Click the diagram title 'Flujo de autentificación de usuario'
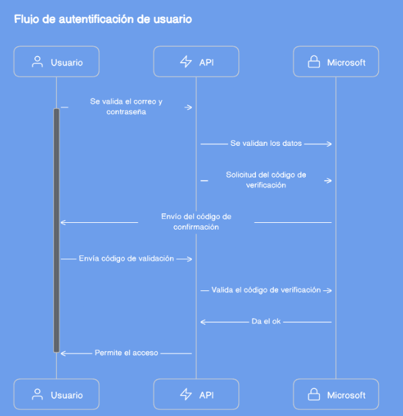click(103, 20)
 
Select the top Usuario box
click(57, 61)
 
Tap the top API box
click(196, 61)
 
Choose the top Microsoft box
click(336, 61)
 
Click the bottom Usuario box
click(57, 394)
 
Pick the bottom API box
click(196, 394)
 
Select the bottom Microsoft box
click(336, 394)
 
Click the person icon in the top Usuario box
click(37, 62)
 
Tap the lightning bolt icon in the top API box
click(186, 61)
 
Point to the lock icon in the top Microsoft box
click(314, 61)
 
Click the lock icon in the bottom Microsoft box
click(314, 394)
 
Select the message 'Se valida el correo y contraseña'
click(126, 107)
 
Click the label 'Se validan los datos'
click(266, 144)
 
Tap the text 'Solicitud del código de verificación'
click(266, 180)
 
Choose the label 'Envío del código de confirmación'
click(196, 222)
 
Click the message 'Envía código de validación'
click(126, 259)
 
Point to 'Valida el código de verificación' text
click(266, 290)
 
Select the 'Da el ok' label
click(266, 321)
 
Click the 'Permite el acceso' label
click(126, 353)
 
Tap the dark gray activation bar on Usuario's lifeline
click(57, 230)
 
